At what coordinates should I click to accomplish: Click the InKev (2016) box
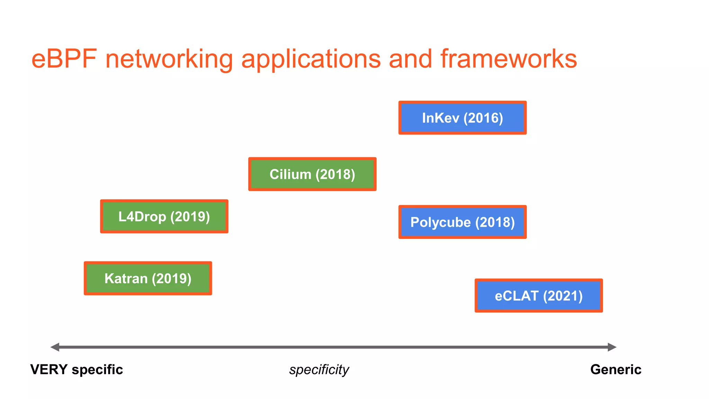[462, 118]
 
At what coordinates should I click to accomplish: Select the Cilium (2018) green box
[312, 174]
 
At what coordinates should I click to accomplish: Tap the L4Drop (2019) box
[164, 216]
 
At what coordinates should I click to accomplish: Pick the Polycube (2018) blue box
[462, 222]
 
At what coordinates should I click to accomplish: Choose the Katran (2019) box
[148, 278]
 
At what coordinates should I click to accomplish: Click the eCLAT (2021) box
[538, 296]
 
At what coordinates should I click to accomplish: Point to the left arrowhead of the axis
[55, 347]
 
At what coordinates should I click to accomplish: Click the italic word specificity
[319, 370]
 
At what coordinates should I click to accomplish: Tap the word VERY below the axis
[49, 370]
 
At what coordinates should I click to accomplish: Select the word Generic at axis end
[616, 370]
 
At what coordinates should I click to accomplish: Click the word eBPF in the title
[64, 59]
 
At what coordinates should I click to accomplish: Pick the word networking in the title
[169, 59]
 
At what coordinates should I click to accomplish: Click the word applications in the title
[311, 59]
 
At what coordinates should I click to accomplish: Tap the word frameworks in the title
[509, 59]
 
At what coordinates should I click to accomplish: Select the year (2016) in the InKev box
[483, 118]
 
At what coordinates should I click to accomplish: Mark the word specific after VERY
[97, 370]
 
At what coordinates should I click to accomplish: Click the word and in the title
[410, 59]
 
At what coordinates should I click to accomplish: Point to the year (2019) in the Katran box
[171, 279]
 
